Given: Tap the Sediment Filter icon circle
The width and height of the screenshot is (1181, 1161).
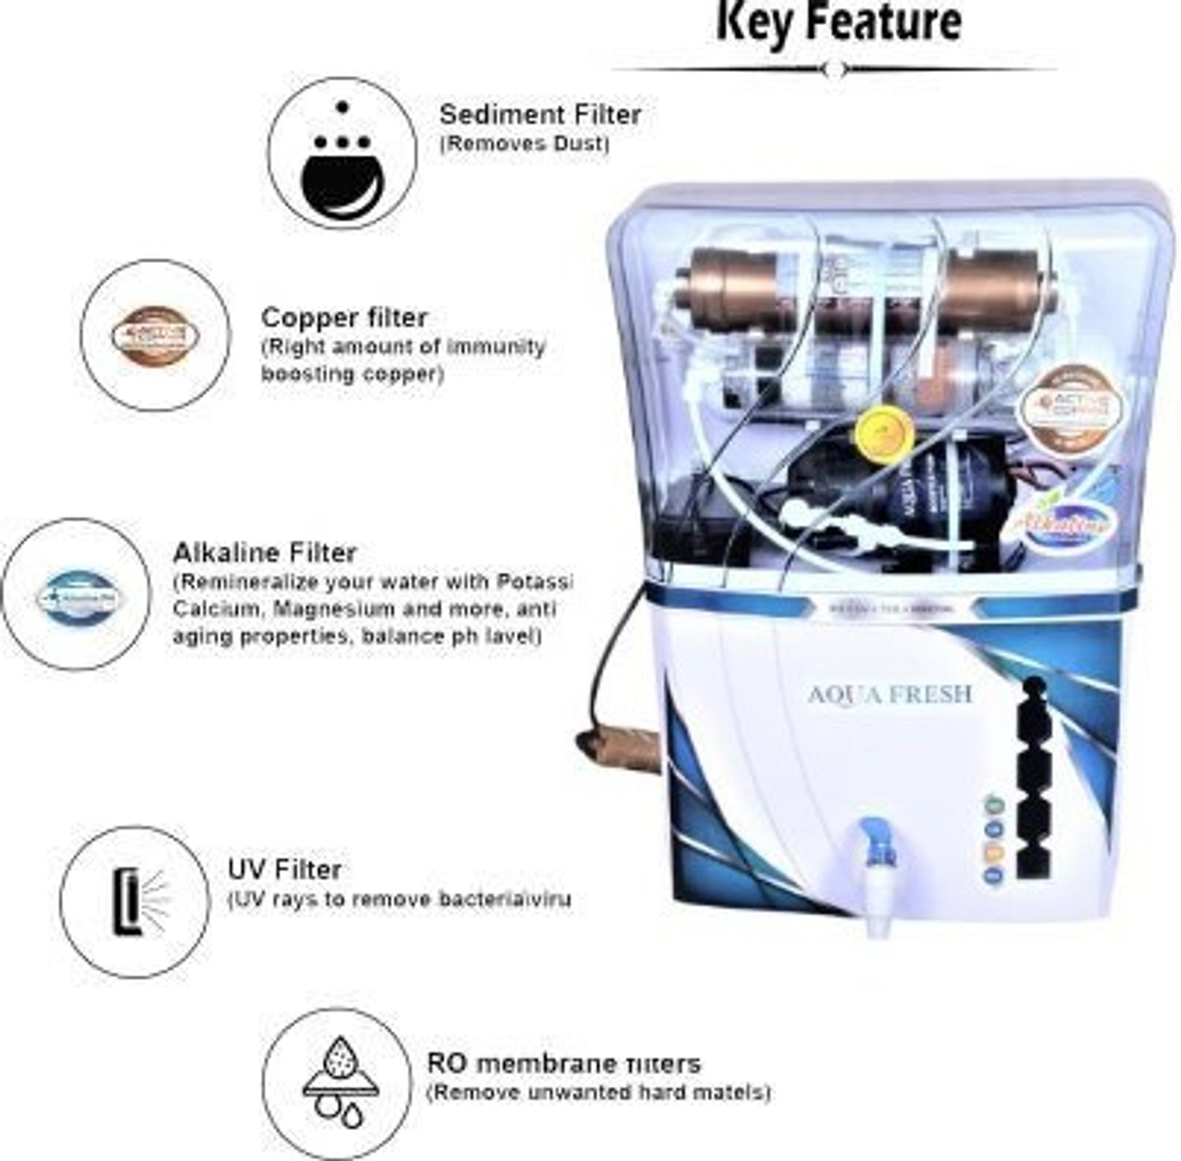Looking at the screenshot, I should [x=342, y=153].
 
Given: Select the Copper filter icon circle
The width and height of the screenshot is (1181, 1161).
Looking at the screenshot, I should [x=155, y=336].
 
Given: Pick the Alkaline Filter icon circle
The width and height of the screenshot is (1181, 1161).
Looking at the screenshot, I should [x=76, y=595].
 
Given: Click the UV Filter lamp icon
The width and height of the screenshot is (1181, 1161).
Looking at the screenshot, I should [x=135, y=902].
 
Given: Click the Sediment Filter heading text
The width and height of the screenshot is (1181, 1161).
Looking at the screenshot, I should [x=539, y=114].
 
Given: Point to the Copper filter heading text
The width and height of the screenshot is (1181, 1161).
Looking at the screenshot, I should [x=344, y=317].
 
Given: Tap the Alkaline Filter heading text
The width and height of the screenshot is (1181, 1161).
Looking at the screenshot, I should [x=265, y=552].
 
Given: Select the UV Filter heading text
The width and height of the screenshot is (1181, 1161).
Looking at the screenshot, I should [x=284, y=870].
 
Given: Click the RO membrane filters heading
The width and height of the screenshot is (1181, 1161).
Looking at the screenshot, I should [x=563, y=1063].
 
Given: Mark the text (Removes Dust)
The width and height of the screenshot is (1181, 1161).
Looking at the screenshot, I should [x=524, y=144].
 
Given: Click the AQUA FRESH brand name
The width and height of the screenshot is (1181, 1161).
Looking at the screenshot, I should [x=890, y=694].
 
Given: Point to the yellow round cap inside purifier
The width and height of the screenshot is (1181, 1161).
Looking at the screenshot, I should [x=883, y=430].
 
